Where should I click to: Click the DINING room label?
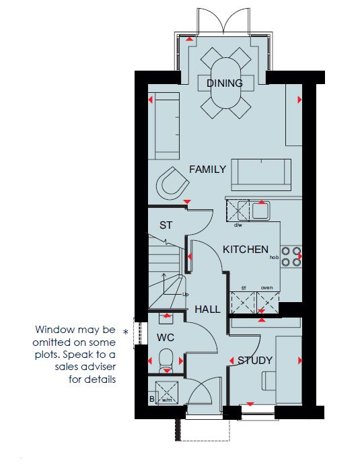tap(225, 83)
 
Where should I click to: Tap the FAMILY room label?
tap(207, 170)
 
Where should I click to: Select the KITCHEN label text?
tap(246, 250)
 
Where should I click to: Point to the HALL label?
tap(207, 309)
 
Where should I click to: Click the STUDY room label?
tap(255, 360)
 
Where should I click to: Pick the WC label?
tap(166, 338)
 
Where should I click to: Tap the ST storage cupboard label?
tap(166, 225)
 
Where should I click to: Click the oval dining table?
tap(226, 83)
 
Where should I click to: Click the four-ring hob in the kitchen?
tap(291, 257)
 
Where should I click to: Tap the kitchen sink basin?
tap(260, 210)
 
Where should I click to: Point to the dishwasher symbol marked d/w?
tap(238, 210)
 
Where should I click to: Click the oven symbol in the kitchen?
tap(268, 302)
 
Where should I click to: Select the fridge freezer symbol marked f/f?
tap(243, 302)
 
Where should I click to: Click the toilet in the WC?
tap(166, 360)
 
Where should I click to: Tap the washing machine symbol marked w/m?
tap(167, 392)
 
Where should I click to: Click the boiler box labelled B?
tap(152, 399)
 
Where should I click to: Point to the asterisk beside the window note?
tap(126, 332)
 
